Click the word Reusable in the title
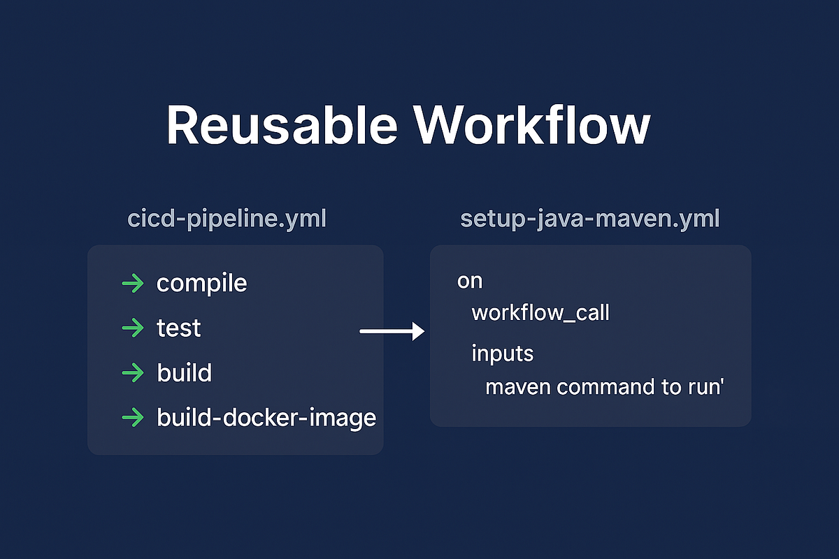click(280, 126)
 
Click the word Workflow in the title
click(532, 126)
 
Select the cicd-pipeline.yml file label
click(227, 219)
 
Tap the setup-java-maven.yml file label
click(590, 219)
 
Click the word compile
click(201, 284)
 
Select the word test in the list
click(178, 328)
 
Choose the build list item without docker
click(184, 373)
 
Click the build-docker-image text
click(266, 419)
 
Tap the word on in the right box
click(470, 282)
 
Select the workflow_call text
click(540, 312)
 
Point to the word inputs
click(502, 354)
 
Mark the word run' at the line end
click(704, 386)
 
